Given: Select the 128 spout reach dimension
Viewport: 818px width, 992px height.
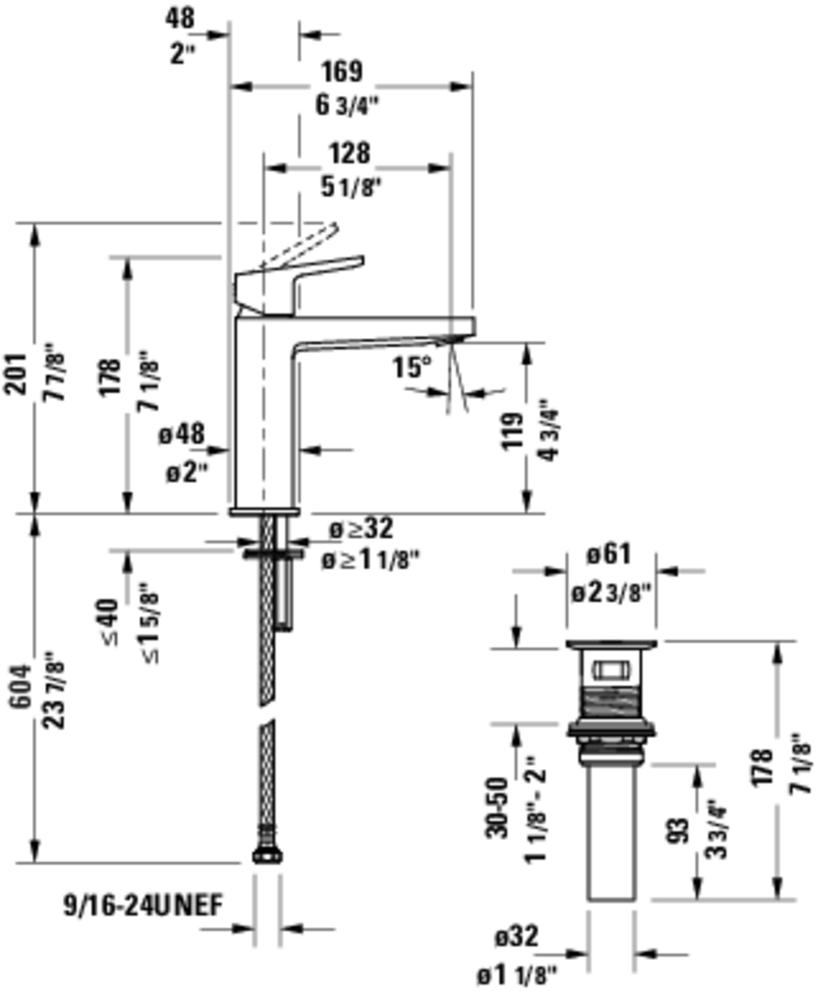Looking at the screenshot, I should pyautogui.click(x=351, y=153).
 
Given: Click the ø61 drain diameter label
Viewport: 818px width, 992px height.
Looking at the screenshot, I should pyautogui.click(x=610, y=554).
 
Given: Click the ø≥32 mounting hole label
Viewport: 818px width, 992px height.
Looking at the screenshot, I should pyautogui.click(x=362, y=529).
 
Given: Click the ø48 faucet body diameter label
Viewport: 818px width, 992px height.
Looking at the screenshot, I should pyautogui.click(x=182, y=434).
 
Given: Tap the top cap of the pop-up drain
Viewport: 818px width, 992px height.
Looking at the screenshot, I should pyautogui.click(x=612, y=644).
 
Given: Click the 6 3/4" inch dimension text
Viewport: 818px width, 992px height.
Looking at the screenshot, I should pyautogui.click(x=348, y=106).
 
